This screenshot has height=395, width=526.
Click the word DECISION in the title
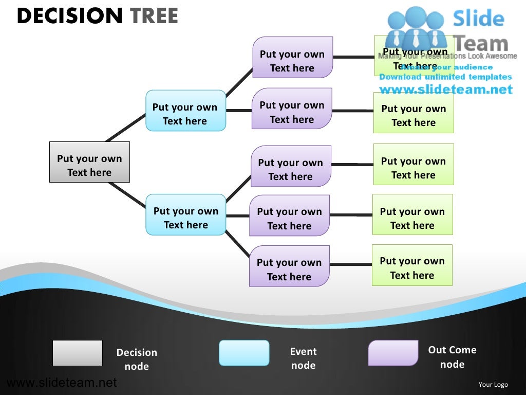tap(70, 16)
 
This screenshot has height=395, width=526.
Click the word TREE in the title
tap(154, 16)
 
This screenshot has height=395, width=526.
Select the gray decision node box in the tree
tap(89, 162)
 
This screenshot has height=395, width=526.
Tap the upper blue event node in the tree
tap(185, 111)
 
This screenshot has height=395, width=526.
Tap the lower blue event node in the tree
tap(185, 214)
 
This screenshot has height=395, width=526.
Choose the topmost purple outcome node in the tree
tap(292, 57)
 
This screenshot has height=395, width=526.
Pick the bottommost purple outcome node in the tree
tap(289, 266)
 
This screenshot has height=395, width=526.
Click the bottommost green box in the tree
tap(412, 265)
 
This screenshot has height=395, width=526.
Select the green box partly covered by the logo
tap(414, 56)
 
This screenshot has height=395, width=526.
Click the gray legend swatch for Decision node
tap(78, 353)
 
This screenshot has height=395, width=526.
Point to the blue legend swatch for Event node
tap(244, 353)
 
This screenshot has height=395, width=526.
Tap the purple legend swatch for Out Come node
tap(393, 353)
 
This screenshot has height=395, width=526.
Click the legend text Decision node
tap(137, 359)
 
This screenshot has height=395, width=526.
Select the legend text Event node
tap(303, 358)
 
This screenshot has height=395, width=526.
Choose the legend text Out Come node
tap(452, 357)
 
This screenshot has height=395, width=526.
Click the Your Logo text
tap(493, 384)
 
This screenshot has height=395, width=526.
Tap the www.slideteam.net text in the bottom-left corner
tap(62, 383)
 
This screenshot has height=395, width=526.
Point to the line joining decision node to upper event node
tap(126, 127)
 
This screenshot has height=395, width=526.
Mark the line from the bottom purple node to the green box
tap(350, 265)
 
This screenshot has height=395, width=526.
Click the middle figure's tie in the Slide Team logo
tap(416, 36)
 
